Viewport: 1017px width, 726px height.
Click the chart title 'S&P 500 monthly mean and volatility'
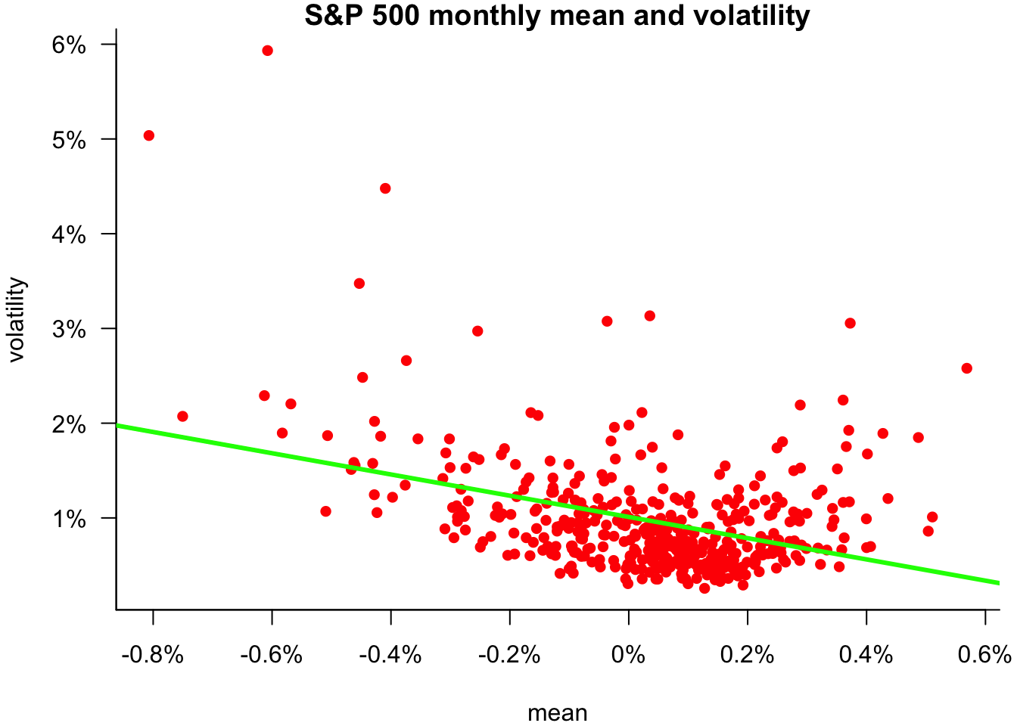pos(557,15)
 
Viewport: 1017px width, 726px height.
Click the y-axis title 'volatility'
pos(17,320)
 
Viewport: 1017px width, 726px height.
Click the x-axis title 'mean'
pos(557,712)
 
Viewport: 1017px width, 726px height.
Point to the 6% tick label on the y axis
pos(69,45)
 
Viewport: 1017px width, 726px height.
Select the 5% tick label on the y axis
pos(69,140)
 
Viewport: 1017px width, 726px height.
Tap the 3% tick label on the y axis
pos(69,329)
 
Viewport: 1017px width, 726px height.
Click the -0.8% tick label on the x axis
pos(152,654)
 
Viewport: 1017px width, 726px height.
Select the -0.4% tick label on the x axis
pos(390,654)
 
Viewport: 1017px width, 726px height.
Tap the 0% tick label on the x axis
pos(628,654)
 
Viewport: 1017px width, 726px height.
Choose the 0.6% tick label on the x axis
pos(984,654)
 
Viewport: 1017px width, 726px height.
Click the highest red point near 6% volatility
pos(267,51)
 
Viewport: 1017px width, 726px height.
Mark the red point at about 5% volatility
pos(149,135)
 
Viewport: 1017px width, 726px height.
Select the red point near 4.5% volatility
pos(385,188)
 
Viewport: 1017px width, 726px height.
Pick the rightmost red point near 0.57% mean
pos(966,368)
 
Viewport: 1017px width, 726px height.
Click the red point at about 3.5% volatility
pos(359,284)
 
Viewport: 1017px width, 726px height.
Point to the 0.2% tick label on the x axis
pos(747,654)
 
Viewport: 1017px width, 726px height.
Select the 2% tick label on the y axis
pos(69,424)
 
